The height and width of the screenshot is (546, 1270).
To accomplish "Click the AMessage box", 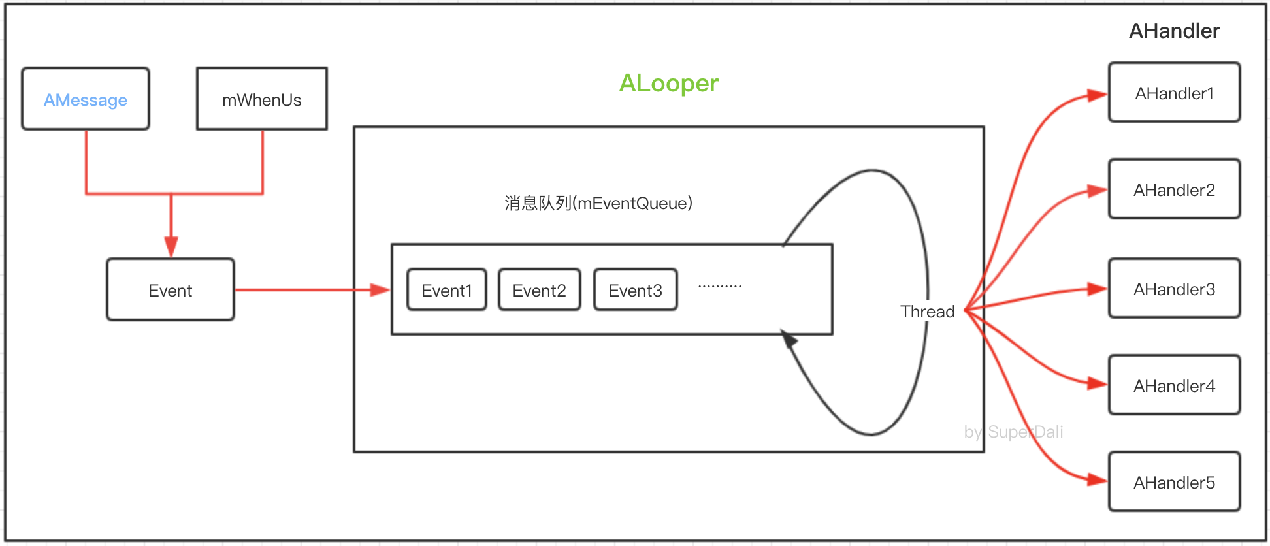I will [x=86, y=99].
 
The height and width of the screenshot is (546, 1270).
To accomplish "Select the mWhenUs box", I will [x=261, y=99].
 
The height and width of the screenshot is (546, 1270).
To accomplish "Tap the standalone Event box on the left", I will [x=171, y=290].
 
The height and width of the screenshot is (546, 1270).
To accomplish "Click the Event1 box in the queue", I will [x=447, y=290].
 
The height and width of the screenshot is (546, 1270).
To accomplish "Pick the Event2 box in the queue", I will [x=539, y=290].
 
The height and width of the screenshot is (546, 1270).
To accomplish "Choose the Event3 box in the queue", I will [x=635, y=290].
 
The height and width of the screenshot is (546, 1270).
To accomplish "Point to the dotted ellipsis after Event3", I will [x=719, y=286].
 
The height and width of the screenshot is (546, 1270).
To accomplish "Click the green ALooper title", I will [x=668, y=83].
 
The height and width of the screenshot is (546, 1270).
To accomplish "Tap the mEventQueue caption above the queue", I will [x=598, y=203].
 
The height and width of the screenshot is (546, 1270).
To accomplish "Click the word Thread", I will [x=927, y=312].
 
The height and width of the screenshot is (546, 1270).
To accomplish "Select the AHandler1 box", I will [x=1174, y=93].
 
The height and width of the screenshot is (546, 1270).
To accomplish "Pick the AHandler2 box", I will [x=1174, y=189].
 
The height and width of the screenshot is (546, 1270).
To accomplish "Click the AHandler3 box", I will [x=1174, y=289].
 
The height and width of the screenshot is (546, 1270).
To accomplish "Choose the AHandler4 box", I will [x=1174, y=385].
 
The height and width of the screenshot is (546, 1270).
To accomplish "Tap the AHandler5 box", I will [x=1174, y=482].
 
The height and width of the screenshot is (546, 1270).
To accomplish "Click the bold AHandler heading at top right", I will [x=1174, y=31].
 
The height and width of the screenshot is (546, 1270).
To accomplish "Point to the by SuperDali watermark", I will [x=1013, y=432].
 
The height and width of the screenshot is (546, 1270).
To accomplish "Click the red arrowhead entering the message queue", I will [x=380, y=290].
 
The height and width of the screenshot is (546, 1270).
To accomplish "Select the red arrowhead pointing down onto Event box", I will [x=171, y=247].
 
